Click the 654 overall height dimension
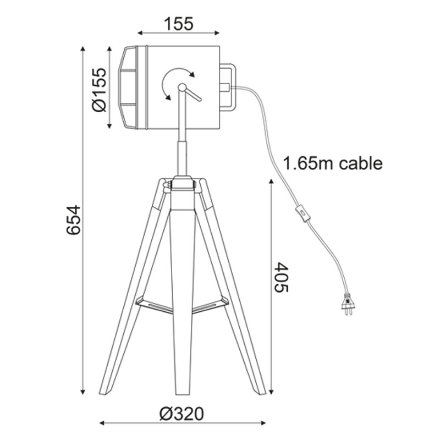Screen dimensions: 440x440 [x=74, y=219]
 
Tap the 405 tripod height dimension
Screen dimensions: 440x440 [x=281, y=277]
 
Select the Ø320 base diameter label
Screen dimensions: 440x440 [x=182, y=414]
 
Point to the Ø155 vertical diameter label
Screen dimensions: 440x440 [x=100, y=90]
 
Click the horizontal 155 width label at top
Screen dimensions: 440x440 [x=178, y=24]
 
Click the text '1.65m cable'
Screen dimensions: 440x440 [x=333, y=163]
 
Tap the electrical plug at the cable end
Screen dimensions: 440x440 [x=348, y=304]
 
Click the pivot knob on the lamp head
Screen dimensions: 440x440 [x=182, y=87]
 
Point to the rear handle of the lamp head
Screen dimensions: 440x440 [x=228, y=87]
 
